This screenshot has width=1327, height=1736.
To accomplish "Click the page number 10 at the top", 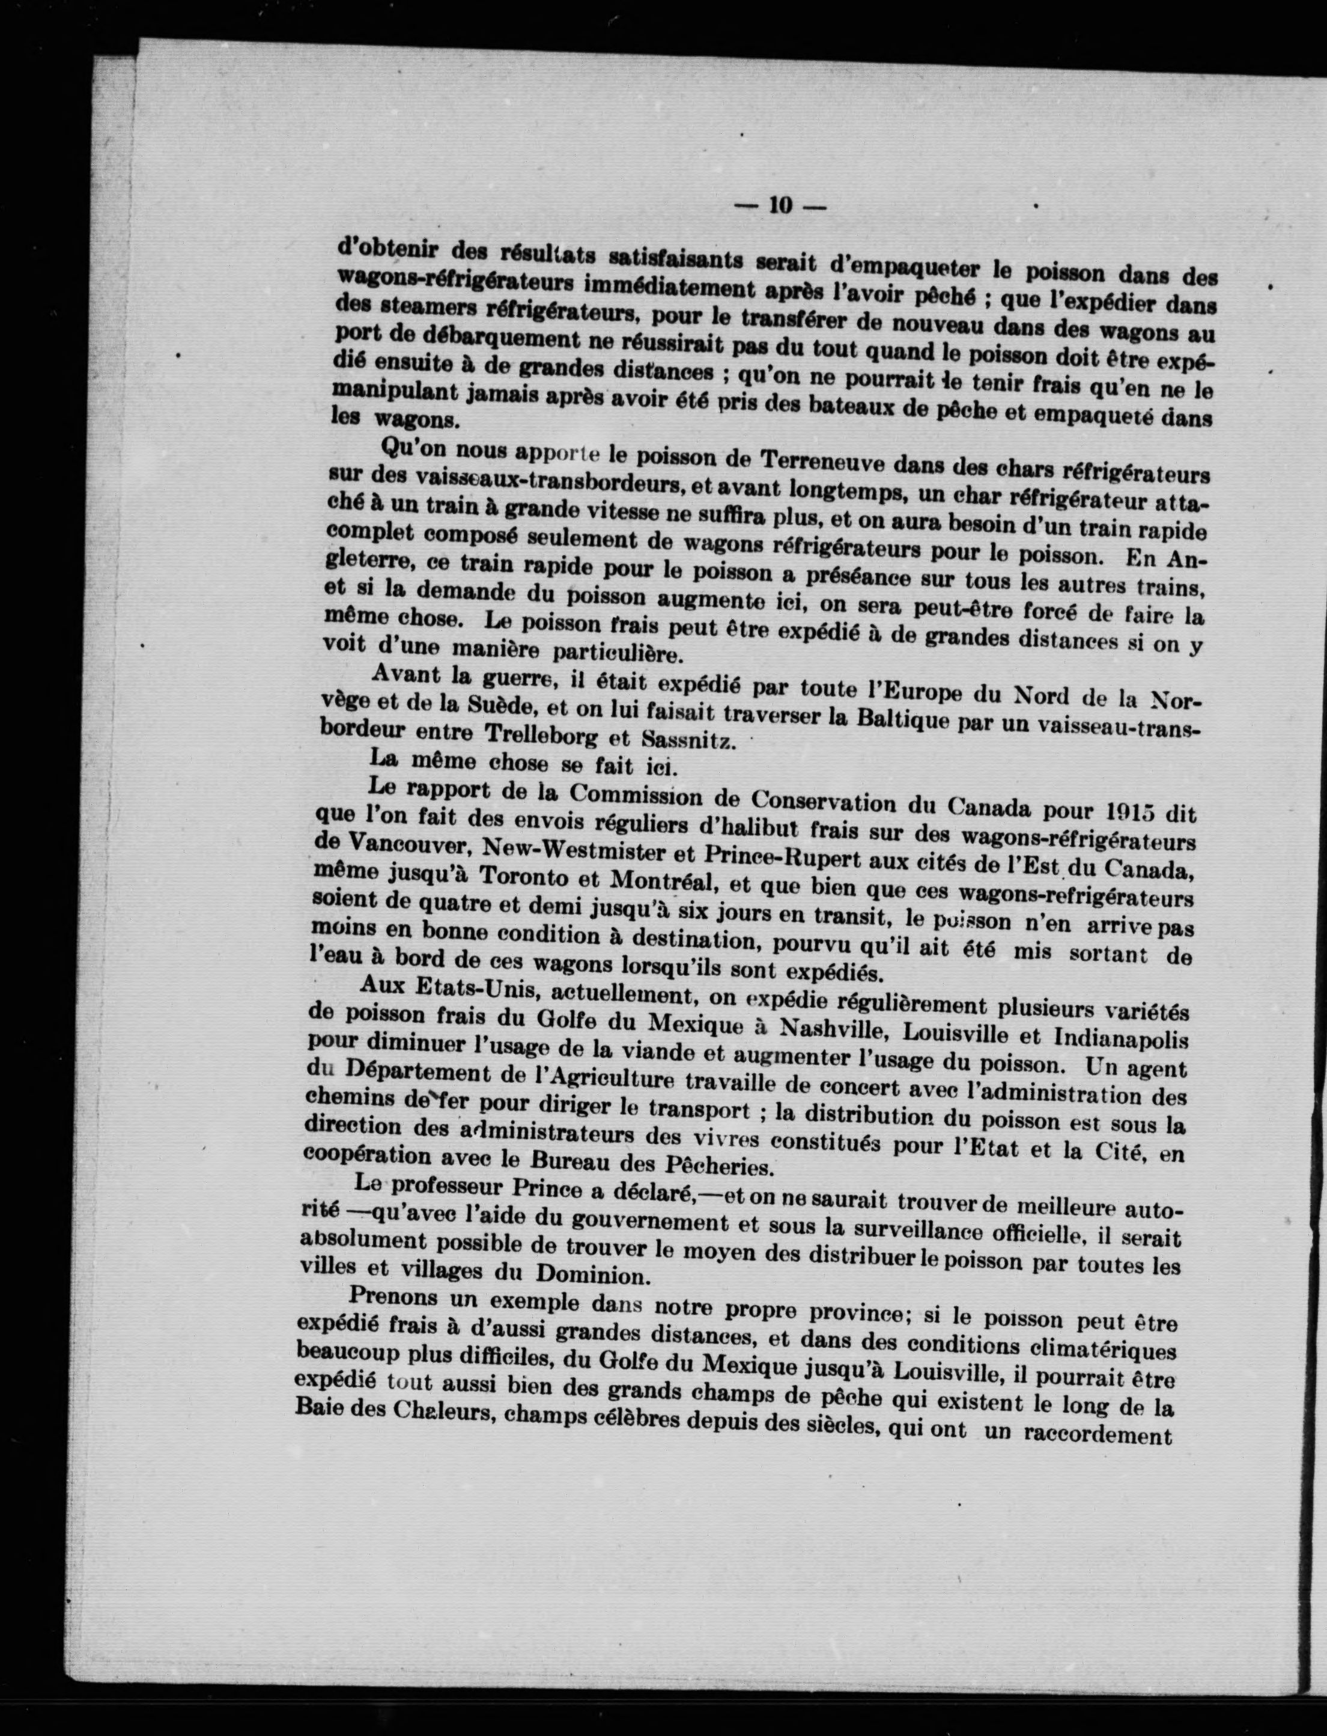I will [780, 205].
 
